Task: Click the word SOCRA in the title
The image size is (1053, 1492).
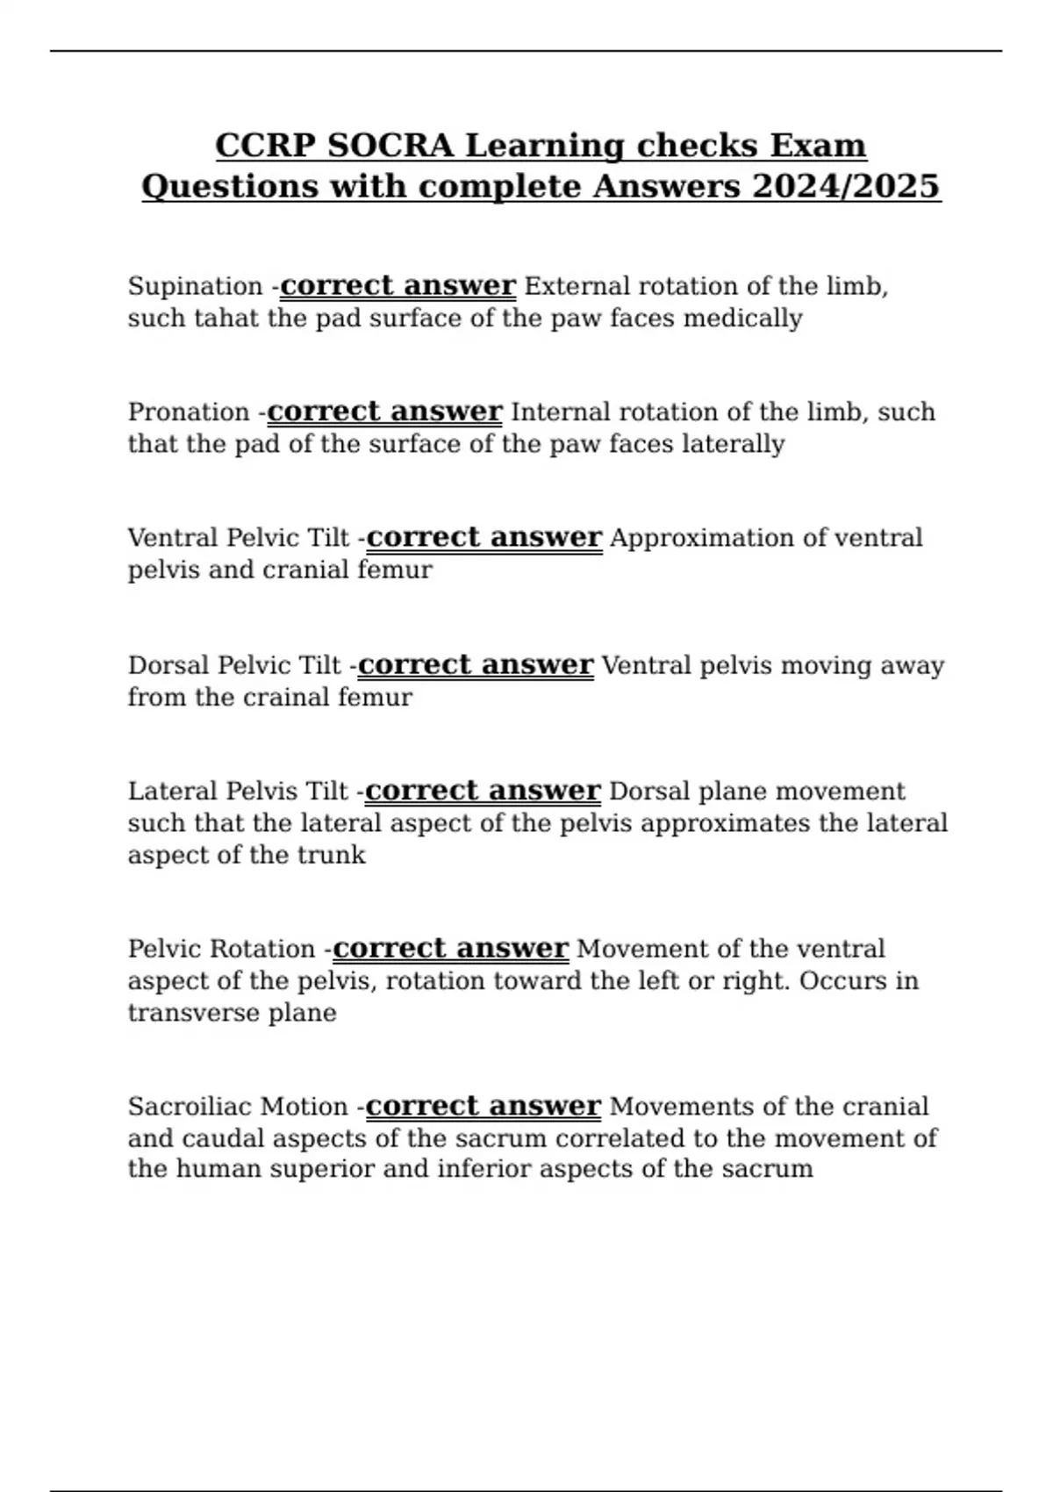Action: click(390, 145)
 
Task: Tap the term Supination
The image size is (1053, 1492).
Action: click(195, 286)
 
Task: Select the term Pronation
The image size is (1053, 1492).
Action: click(189, 412)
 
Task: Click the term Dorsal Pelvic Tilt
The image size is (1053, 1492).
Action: click(234, 665)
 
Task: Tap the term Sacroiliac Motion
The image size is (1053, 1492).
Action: click(238, 1106)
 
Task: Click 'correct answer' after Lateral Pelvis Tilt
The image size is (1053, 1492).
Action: click(483, 791)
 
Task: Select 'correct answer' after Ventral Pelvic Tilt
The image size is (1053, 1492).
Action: click(484, 537)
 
